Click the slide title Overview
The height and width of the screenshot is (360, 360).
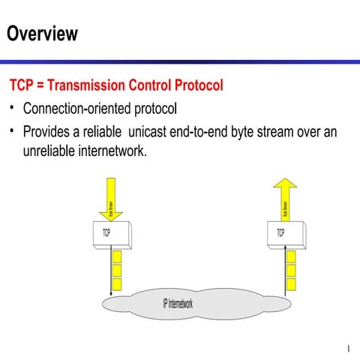click(42, 33)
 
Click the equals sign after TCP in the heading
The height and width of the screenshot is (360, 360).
click(41, 85)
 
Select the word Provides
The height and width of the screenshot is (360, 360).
click(47, 133)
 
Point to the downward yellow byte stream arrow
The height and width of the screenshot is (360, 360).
click(110, 199)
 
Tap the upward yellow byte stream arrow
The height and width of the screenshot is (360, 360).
click(284, 199)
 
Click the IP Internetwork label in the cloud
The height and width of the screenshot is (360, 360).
click(178, 304)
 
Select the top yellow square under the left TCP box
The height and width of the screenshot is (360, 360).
click(116, 257)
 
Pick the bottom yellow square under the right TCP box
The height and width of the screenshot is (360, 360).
click(290, 284)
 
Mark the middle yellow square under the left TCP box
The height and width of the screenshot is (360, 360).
click(116, 271)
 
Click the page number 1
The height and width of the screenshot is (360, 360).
click(349, 348)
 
